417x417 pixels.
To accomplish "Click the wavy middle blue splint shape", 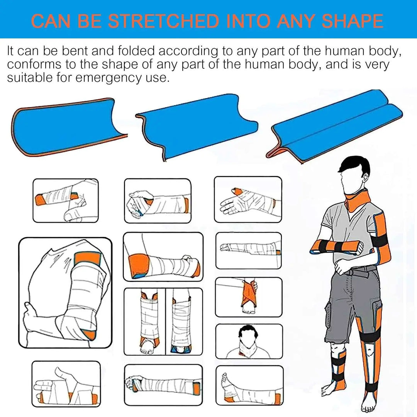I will (195, 125).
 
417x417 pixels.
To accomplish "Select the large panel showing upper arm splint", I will (65, 293).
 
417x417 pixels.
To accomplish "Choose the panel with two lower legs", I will (163, 321).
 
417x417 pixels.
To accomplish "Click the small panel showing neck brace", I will (249, 341).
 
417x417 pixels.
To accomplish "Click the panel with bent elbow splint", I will (163, 256).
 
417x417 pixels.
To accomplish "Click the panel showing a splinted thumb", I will (248, 199).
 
